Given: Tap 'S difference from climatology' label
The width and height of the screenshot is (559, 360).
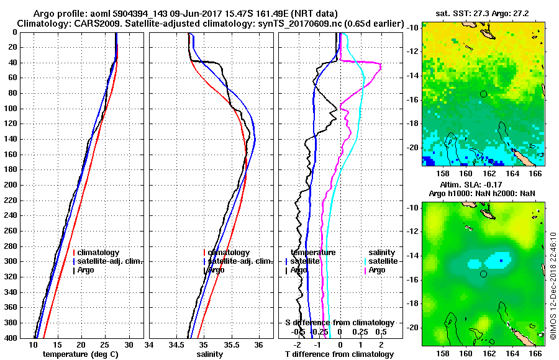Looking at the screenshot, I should pos(339,323).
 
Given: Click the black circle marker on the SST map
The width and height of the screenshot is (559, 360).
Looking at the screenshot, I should pos(483,94).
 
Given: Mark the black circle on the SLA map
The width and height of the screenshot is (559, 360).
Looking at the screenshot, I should pos(483,274).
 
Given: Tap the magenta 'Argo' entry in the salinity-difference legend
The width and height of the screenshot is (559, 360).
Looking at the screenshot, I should pos(377,270).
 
